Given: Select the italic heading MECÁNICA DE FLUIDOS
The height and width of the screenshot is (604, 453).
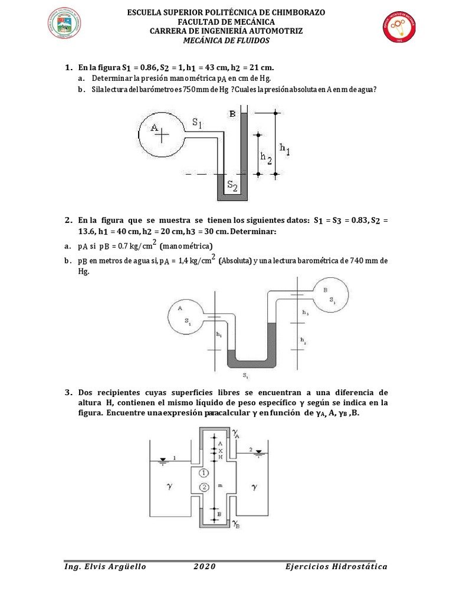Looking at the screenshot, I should click(226, 41).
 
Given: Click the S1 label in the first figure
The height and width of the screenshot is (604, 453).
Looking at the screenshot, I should click(197, 123).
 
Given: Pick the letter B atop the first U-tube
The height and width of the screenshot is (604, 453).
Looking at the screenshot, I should click(232, 113).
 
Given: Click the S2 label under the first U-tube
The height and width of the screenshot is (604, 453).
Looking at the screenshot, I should click(233, 187).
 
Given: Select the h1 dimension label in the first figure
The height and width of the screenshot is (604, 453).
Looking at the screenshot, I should click(285, 150).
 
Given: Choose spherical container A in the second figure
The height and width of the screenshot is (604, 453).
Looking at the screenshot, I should click(186, 315).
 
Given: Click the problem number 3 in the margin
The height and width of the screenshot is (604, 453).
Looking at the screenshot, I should click(68, 392).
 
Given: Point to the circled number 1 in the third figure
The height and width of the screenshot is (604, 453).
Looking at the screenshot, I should click(203, 473).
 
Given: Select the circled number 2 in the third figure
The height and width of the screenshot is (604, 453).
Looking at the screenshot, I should click(203, 487).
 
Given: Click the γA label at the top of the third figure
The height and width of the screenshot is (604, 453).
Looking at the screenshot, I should click(236, 434).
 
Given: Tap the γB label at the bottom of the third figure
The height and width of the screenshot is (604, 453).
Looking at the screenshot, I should click(235, 524).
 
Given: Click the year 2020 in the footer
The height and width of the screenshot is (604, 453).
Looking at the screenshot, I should click(204, 567).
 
